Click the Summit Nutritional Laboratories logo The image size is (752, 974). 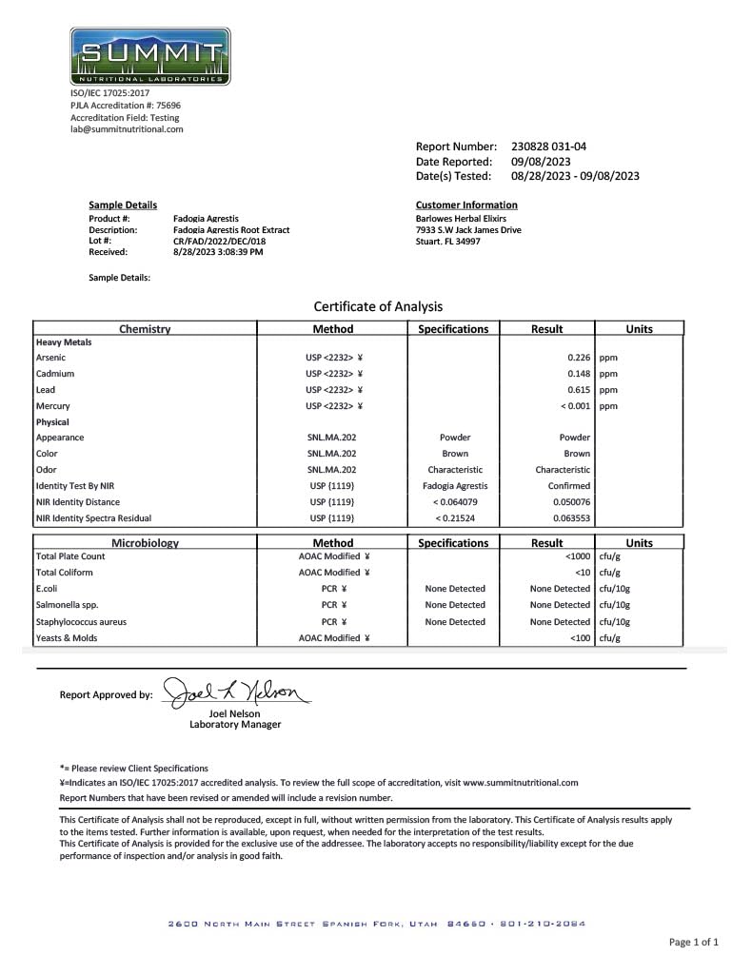(x=149, y=55)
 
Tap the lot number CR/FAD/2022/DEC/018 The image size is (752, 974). (x=219, y=241)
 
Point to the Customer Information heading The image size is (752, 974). (x=466, y=205)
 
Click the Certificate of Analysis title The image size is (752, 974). (x=378, y=306)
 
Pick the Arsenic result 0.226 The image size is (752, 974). (x=578, y=357)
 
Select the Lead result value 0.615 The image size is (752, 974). (x=578, y=389)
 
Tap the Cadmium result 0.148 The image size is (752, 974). (x=578, y=374)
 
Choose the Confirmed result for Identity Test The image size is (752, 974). (x=569, y=486)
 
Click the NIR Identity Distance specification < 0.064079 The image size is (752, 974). (x=454, y=502)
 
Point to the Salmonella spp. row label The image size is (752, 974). (x=67, y=605)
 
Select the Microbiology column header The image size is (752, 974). (x=145, y=543)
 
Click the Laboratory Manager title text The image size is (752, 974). (x=235, y=725)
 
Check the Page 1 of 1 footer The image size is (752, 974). (x=693, y=943)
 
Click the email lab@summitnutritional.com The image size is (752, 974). (x=127, y=129)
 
